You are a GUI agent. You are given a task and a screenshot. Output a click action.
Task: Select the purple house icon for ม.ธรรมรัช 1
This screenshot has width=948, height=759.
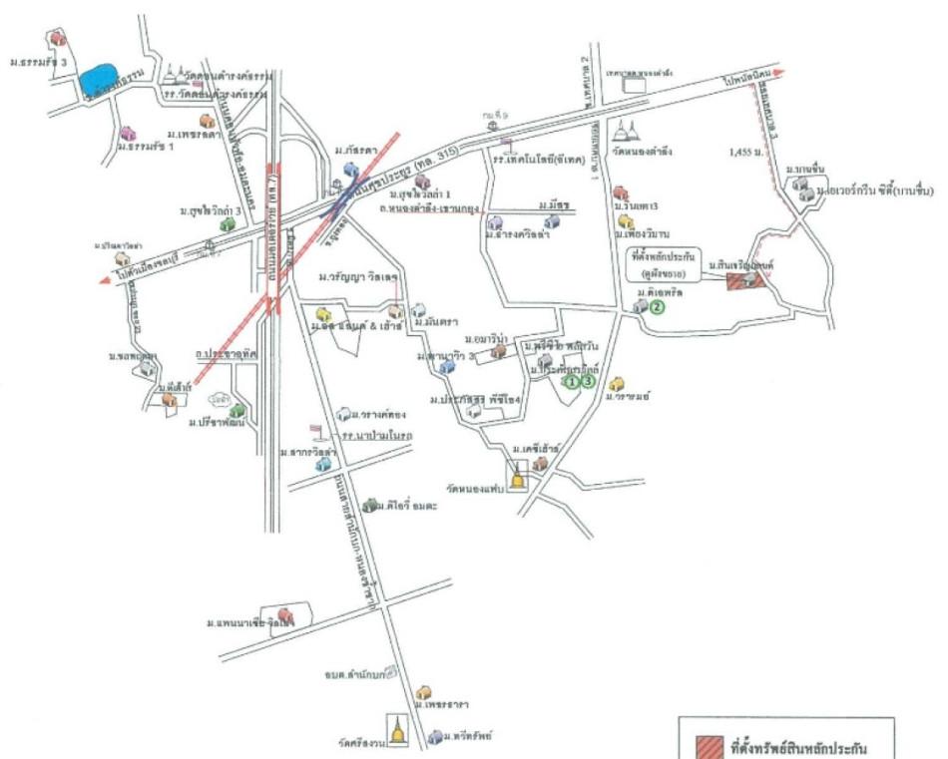point(128,133)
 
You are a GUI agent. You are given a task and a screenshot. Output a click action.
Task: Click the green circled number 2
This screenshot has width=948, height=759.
point(657,307)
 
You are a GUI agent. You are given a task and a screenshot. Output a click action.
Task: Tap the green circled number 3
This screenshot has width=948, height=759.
point(588,380)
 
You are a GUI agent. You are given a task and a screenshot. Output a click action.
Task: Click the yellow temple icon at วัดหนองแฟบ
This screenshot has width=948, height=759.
point(517,477)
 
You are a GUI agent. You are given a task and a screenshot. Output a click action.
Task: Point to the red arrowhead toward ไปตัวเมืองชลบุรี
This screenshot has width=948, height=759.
point(104,282)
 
